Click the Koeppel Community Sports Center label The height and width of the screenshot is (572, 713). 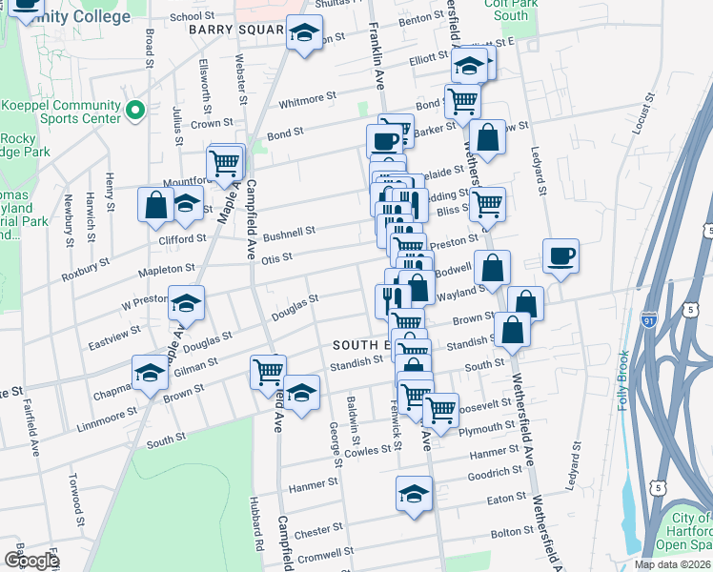(x=59, y=112)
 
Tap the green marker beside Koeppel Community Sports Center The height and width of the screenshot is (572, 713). (x=134, y=112)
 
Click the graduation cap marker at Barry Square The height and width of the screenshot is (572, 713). (x=304, y=33)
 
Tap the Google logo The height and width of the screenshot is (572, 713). (x=31, y=560)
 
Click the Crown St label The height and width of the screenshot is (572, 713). (x=213, y=123)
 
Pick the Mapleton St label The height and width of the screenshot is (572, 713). (x=167, y=270)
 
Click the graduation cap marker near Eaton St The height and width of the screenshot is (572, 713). (x=414, y=494)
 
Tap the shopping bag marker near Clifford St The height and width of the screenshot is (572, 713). (x=154, y=205)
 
